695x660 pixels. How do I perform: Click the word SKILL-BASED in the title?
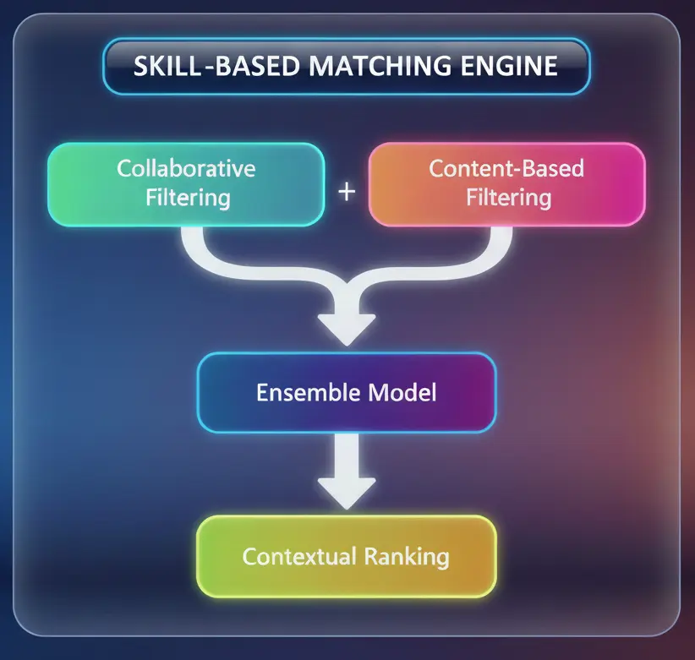tap(213, 65)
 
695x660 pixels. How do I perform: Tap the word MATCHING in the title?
tap(378, 65)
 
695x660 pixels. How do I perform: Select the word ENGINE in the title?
tap(512, 65)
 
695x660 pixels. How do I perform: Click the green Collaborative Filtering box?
tap(186, 183)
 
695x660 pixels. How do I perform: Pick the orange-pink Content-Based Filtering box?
tap(506, 183)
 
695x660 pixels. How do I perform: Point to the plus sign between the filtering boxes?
tap(347, 191)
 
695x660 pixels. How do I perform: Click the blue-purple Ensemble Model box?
tap(346, 393)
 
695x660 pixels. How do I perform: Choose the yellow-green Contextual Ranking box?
tap(346, 557)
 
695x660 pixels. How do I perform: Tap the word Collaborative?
tap(186, 167)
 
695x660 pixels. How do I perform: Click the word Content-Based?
tap(506, 167)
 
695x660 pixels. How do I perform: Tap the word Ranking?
tap(408, 557)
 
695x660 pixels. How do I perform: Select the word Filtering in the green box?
tap(186, 199)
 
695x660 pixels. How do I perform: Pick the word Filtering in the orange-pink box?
tap(506, 199)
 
